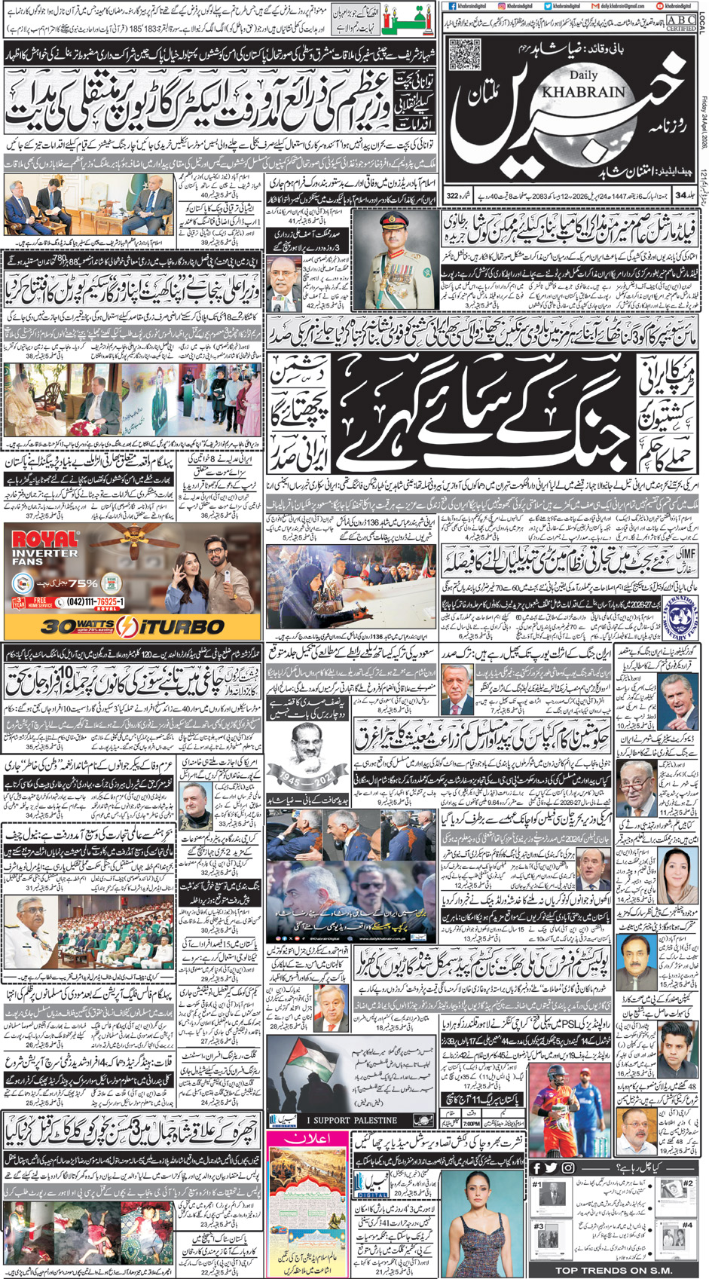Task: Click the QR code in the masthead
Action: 464,54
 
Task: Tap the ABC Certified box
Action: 680,22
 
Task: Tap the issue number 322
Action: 452,196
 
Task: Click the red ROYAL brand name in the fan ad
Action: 41,540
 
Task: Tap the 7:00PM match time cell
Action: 472,1123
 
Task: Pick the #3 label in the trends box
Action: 538,1226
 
